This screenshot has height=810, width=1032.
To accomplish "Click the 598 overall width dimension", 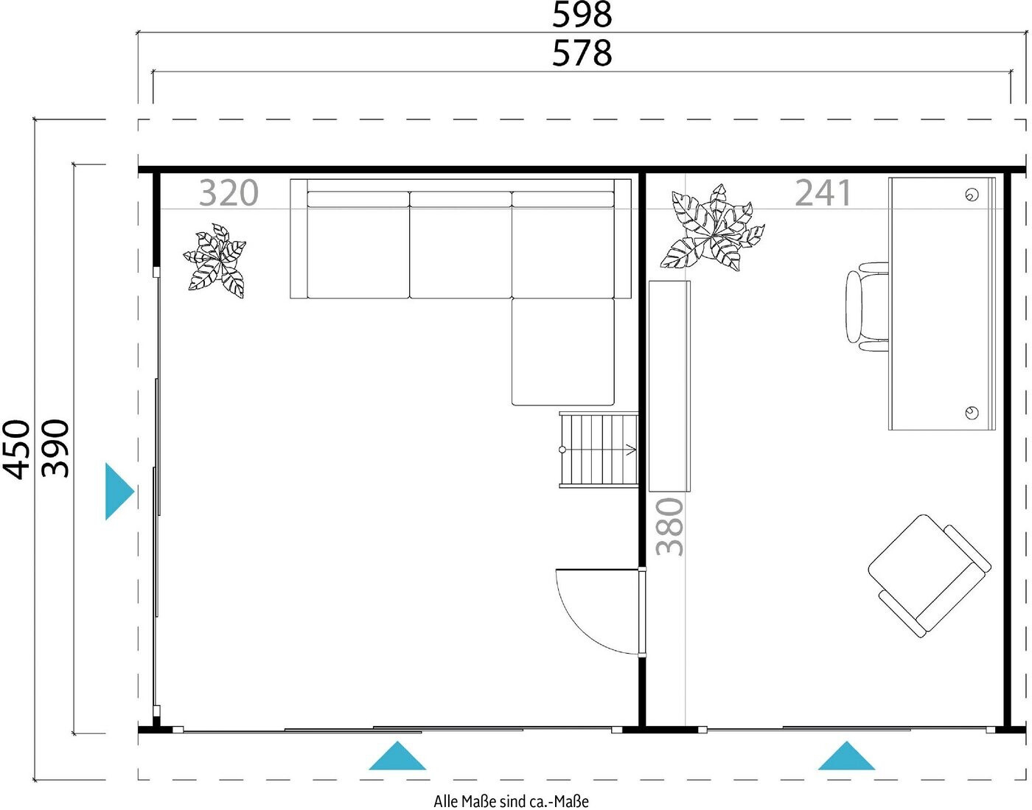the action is point(582,15).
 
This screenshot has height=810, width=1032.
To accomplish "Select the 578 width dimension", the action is point(582,53).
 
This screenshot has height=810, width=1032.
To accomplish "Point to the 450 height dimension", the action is point(17,449).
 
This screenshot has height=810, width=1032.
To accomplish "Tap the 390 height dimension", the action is point(55,449).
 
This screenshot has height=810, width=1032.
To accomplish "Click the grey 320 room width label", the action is point(229,193).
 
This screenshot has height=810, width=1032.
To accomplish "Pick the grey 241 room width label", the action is point(823,193).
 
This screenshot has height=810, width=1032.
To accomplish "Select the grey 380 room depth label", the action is point(669,526).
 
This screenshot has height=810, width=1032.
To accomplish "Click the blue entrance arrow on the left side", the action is point(119,492).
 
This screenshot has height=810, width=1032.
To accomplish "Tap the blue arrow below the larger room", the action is point(397,755).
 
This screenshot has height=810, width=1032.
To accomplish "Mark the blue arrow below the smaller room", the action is point(846,755).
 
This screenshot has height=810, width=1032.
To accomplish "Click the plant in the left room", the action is point(215,261).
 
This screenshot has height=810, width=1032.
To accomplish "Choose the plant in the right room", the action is point(712,228).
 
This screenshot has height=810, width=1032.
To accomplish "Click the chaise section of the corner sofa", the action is point(562,352).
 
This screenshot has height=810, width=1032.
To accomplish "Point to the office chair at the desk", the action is point(867,307).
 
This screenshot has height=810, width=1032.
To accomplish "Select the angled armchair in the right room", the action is point(930,576).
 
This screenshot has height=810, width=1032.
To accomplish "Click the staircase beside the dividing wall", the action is point(599,450).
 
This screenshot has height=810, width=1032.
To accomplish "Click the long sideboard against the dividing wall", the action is point(669,386).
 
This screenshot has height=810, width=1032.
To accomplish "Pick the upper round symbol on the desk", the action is point(972,195).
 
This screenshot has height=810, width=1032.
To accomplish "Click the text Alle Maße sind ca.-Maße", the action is point(511,801).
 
